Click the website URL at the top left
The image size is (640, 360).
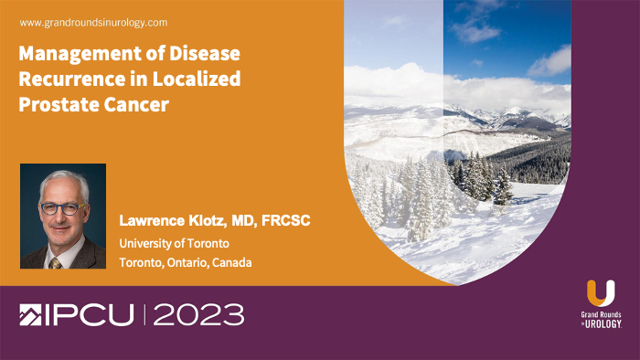(x=92, y=22)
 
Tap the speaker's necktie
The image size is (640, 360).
(x=56, y=262)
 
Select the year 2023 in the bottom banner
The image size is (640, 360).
(x=198, y=316)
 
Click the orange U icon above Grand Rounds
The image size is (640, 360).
(x=601, y=294)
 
